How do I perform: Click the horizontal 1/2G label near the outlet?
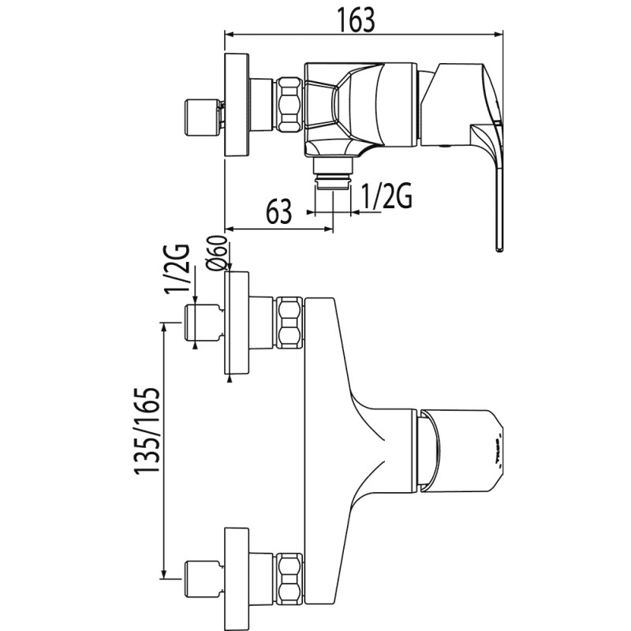[x=386, y=197]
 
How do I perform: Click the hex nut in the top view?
[x=289, y=103]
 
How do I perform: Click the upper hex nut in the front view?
[x=289, y=323]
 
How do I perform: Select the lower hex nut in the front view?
[x=289, y=579]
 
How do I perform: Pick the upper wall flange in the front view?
[x=237, y=323]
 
